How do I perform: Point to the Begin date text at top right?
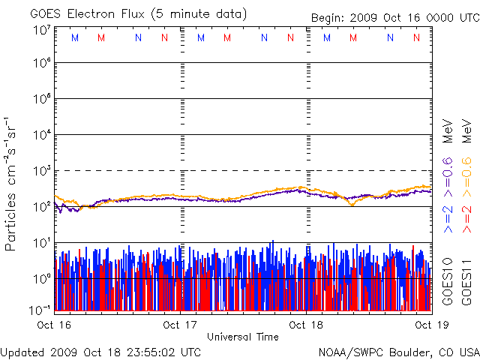click(x=394, y=18)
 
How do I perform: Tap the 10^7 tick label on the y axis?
click(x=41, y=30)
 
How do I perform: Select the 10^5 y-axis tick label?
click(x=41, y=99)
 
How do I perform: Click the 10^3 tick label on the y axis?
click(x=41, y=171)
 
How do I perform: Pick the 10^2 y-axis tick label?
click(x=41, y=207)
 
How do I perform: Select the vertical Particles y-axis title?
click(x=11, y=183)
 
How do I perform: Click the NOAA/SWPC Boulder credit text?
click(x=398, y=351)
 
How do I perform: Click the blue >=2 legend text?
click(x=447, y=218)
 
